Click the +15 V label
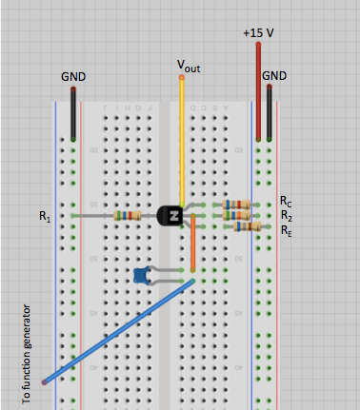[x=258, y=32]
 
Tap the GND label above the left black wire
[x=73, y=75]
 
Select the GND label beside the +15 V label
[x=274, y=74]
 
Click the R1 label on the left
[x=45, y=217]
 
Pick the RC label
[x=286, y=203]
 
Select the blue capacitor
[x=142, y=276]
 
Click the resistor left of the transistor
[x=127, y=216]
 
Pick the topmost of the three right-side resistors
[x=236, y=204]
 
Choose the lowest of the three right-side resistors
[x=247, y=226]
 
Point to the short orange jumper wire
[x=192, y=245]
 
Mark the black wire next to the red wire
[x=270, y=114]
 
